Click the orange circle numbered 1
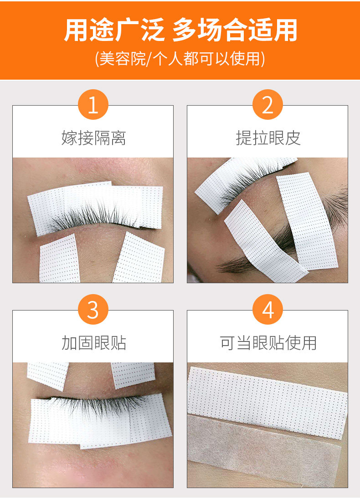(x=93, y=105)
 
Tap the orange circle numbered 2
(x=267, y=105)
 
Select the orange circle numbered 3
(x=93, y=309)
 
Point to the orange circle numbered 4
(x=267, y=309)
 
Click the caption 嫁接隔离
(x=94, y=138)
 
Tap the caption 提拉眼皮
(x=268, y=138)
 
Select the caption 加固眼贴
(x=94, y=343)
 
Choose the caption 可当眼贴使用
(x=268, y=343)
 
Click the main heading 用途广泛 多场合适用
(x=180, y=30)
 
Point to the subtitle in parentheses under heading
(x=180, y=59)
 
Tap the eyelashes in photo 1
(x=93, y=216)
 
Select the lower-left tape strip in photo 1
(x=59, y=260)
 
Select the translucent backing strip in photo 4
(x=264, y=449)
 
